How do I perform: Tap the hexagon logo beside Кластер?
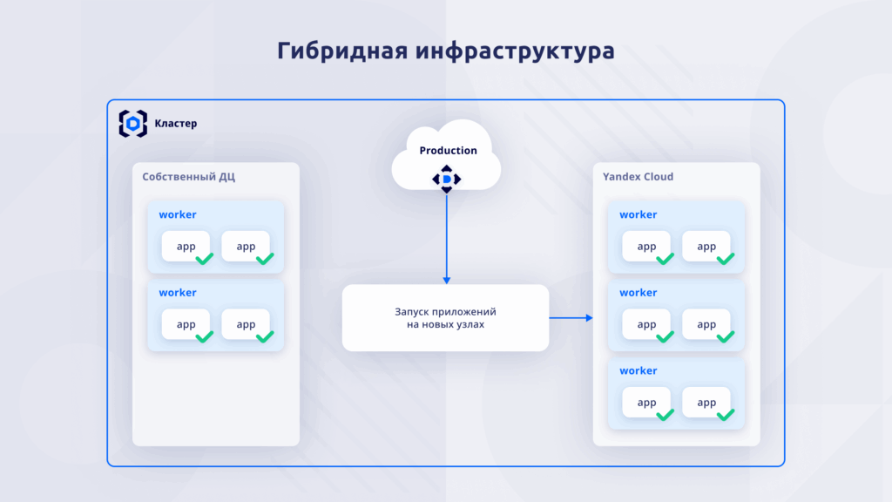[x=132, y=124]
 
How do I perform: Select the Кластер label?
[x=176, y=124]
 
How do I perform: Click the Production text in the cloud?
[x=448, y=150]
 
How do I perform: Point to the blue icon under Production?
[x=447, y=179]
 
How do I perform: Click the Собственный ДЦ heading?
[x=189, y=177]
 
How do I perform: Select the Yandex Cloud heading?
[x=638, y=177]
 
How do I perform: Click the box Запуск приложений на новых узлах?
[x=445, y=317]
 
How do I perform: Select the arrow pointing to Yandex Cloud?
[x=571, y=318]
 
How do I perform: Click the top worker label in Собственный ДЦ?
[x=178, y=214]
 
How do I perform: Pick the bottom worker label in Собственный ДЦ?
[x=178, y=293]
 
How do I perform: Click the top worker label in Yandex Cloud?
[x=639, y=214]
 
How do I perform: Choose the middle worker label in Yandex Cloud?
[x=639, y=293]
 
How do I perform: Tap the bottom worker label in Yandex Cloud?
[x=639, y=370]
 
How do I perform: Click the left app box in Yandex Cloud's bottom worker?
[x=646, y=403]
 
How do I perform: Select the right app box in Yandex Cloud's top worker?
[x=706, y=247]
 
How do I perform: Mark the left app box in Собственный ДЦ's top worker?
[x=186, y=247]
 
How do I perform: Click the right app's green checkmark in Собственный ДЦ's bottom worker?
[x=265, y=337]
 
